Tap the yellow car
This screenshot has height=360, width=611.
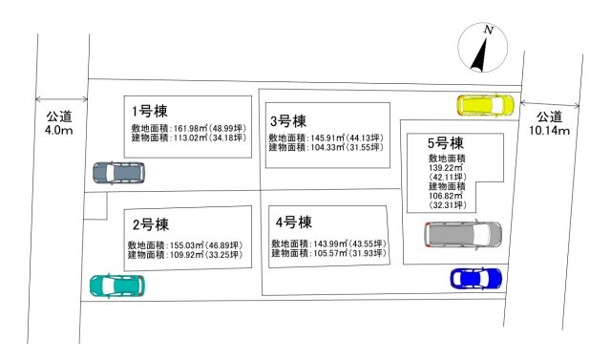click(x=485, y=104)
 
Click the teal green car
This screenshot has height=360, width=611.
click(x=116, y=286)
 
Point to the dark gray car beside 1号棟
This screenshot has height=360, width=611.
click(x=119, y=173)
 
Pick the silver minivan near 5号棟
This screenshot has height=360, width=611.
click(x=463, y=234)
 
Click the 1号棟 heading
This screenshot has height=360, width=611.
click(x=150, y=110)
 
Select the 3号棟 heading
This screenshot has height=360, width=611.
click(x=287, y=121)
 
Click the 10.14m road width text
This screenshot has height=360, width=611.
click(x=549, y=130)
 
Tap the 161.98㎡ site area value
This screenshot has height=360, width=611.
click(x=187, y=128)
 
